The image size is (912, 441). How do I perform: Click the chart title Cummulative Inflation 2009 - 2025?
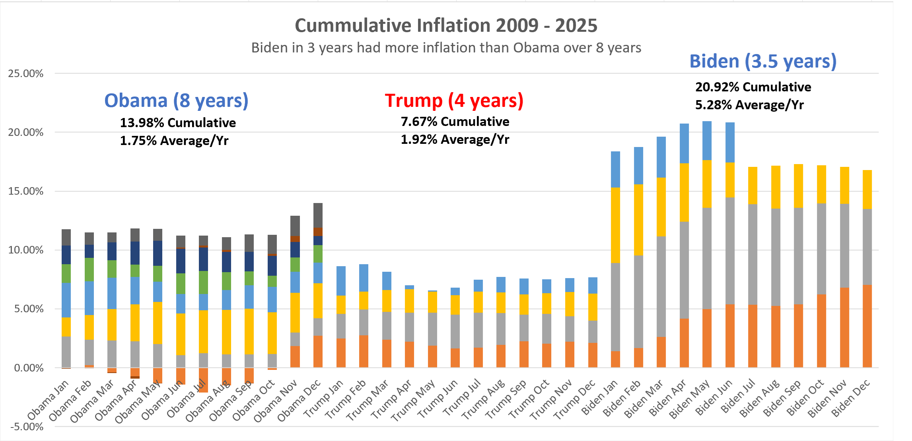446,25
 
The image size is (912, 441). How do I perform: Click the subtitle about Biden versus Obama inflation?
446,48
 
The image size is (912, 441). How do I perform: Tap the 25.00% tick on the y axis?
25,73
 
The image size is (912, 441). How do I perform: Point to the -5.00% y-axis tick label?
27,427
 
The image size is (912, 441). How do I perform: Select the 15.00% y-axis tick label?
25,191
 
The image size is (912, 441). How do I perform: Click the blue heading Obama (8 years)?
176,100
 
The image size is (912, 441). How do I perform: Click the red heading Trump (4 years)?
454,100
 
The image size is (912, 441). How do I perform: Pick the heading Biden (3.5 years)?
763,61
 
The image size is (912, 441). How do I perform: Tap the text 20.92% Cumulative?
753,87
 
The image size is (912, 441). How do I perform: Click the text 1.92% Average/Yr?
455,139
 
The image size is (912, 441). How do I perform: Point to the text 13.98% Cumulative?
178,122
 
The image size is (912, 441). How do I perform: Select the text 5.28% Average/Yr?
749,105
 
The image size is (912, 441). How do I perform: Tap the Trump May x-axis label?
414,400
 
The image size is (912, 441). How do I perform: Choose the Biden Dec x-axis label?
852,398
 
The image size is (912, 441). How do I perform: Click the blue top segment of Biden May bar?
707,141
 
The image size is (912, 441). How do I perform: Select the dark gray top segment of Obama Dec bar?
318,215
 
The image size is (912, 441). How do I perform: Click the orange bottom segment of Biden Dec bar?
867,326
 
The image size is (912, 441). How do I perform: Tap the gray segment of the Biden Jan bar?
615,307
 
